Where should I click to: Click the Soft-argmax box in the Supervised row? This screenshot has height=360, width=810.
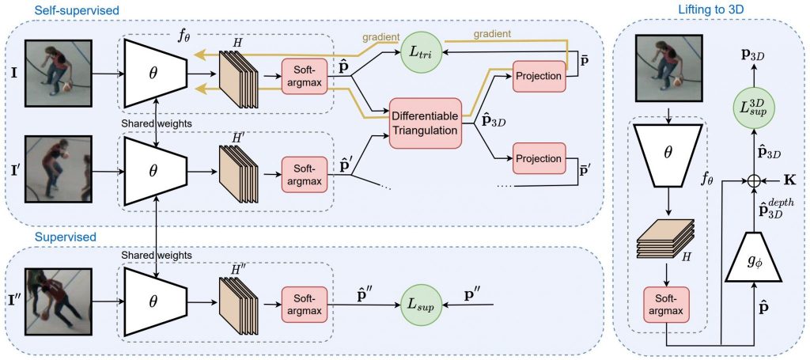point(304,304)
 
